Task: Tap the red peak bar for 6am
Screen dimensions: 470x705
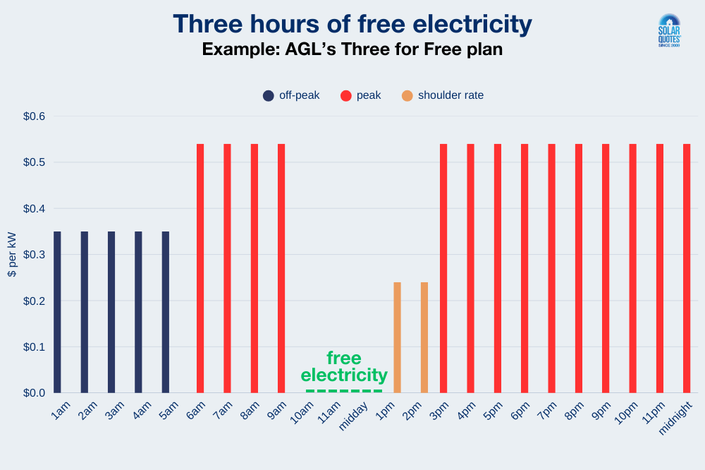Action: click(x=200, y=268)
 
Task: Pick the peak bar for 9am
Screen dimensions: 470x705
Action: click(x=281, y=268)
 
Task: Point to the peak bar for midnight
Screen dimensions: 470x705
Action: click(x=687, y=268)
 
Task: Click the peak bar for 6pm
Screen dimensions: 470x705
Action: click(x=525, y=268)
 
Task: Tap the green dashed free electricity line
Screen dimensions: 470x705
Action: click(x=344, y=391)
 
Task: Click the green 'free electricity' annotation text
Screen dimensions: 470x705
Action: click(x=344, y=366)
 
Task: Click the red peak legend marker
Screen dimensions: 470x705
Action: click(x=345, y=95)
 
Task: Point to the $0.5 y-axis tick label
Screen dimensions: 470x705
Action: click(x=32, y=162)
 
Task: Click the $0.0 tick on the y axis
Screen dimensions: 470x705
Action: click(x=32, y=392)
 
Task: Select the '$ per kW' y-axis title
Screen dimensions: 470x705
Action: click(x=12, y=254)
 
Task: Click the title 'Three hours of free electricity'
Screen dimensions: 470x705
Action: click(x=352, y=24)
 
